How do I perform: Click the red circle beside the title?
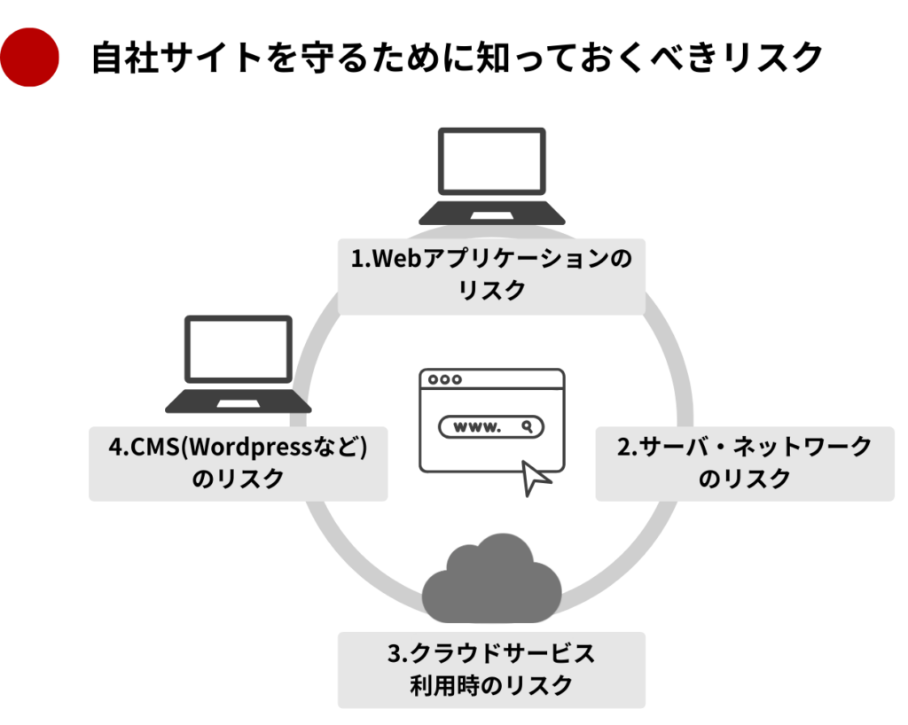point(29,58)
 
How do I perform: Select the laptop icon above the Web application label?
point(491,176)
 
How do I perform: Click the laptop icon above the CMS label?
point(239,364)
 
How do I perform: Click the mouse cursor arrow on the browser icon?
point(536,477)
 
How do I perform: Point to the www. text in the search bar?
point(477,426)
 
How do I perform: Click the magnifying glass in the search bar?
point(528,426)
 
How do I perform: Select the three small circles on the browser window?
point(445,379)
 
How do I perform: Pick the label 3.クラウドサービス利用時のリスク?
point(491,669)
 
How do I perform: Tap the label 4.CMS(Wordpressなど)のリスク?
point(238,463)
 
